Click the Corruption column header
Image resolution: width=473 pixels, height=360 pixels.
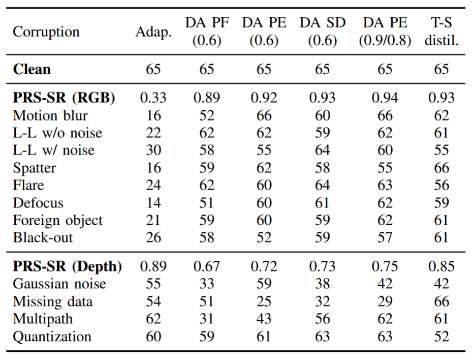coord(46,32)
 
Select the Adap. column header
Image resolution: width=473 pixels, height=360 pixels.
coord(153,32)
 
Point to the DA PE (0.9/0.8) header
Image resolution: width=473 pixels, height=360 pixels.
coord(385,32)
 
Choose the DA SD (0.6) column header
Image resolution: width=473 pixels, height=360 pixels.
coord(322,32)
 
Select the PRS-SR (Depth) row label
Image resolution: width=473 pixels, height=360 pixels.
coord(67,266)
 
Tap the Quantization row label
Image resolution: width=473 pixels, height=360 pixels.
coord(52,336)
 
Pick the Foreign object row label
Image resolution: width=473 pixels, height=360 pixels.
coord(58,220)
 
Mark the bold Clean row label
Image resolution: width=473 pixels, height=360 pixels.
coord(31,69)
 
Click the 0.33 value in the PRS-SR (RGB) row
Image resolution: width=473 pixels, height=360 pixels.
coord(153,98)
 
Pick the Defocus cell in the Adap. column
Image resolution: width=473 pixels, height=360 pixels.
coord(153,202)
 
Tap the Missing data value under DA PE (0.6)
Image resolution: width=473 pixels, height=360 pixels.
coord(264,302)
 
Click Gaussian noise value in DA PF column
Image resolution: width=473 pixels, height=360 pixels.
coord(206,284)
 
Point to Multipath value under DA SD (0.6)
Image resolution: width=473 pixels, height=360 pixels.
coord(322,319)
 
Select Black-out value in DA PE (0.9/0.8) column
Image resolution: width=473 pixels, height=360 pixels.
coord(385,237)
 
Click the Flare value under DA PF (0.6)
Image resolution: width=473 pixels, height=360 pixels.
coord(206,185)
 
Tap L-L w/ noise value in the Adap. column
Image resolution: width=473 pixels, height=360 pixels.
coord(153,150)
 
